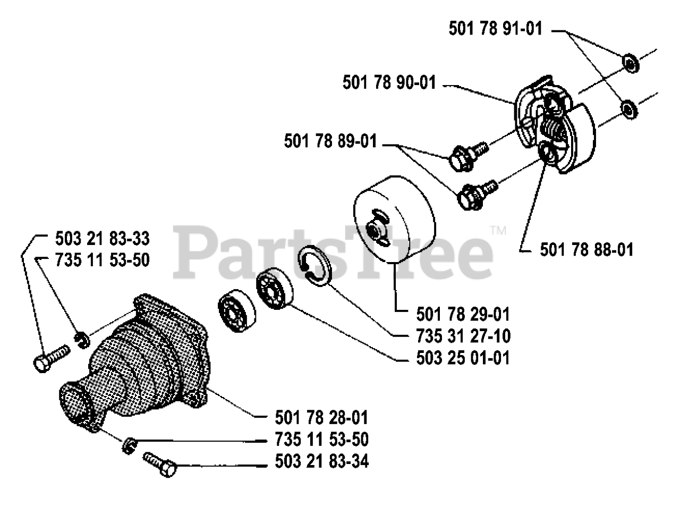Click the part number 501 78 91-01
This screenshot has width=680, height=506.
[x=496, y=29]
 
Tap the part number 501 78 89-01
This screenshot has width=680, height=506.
[x=330, y=141]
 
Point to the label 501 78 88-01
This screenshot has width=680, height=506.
[x=586, y=249]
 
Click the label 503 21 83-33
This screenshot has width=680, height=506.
[x=102, y=237]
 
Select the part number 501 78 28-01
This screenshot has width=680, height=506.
[x=322, y=417]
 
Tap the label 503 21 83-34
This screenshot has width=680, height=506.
[x=322, y=461]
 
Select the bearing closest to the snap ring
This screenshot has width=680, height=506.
[x=274, y=291]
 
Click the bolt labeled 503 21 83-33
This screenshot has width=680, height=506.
[x=51, y=359]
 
